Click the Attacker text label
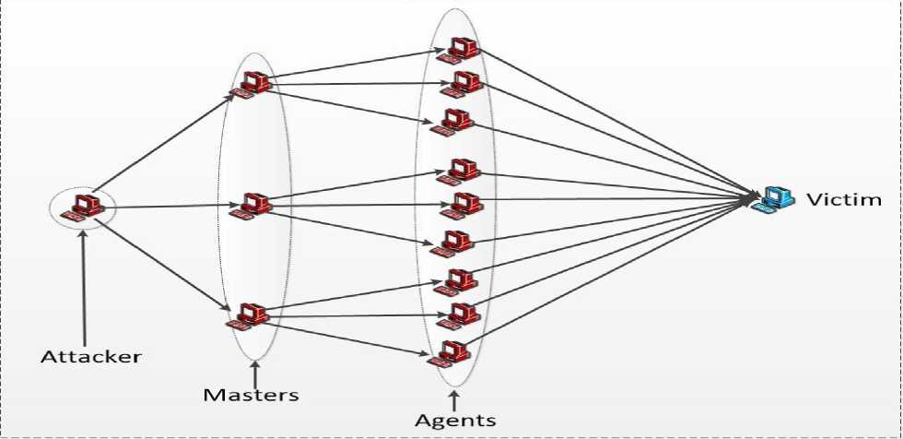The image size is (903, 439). [91, 356]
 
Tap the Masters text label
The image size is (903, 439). [251, 395]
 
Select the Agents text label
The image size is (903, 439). [454, 421]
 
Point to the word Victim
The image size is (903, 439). [844, 199]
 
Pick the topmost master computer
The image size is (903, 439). [252, 84]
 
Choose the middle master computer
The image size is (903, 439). [253, 206]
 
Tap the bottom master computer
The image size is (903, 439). [251, 314]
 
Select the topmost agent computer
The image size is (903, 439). [461, 50]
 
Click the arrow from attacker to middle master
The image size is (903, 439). [170, 208]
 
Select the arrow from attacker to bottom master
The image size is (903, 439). [161, 267]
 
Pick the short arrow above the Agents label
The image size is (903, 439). [453, 398]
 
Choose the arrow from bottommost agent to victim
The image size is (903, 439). [608, 276]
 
